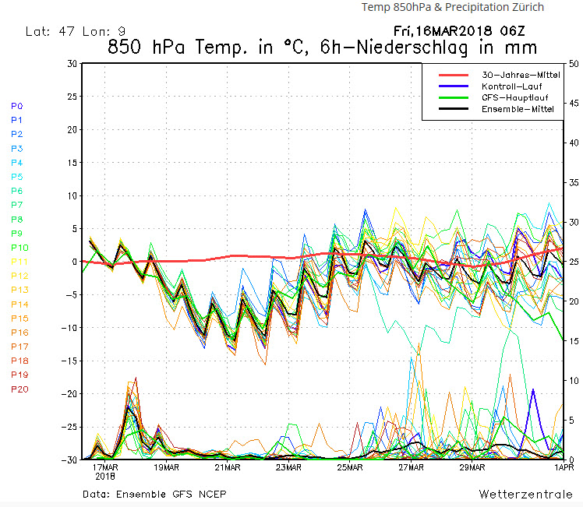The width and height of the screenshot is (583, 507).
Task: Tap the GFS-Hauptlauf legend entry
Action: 511,97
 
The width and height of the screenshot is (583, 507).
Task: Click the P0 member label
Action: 17,106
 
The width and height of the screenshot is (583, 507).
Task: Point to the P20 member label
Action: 19,389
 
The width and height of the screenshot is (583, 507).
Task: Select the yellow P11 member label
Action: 19,262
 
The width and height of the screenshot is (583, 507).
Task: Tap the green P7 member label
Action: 17,205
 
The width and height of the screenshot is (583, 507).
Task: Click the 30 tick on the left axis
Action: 72,63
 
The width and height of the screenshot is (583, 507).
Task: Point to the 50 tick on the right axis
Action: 573,63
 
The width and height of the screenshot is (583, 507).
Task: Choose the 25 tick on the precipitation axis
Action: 573,262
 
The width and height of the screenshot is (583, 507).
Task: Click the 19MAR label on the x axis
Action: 166,467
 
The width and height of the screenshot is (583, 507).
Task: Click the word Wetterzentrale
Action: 525,495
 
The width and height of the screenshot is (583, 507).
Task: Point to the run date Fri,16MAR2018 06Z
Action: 458,32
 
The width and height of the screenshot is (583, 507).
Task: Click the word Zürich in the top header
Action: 525,7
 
